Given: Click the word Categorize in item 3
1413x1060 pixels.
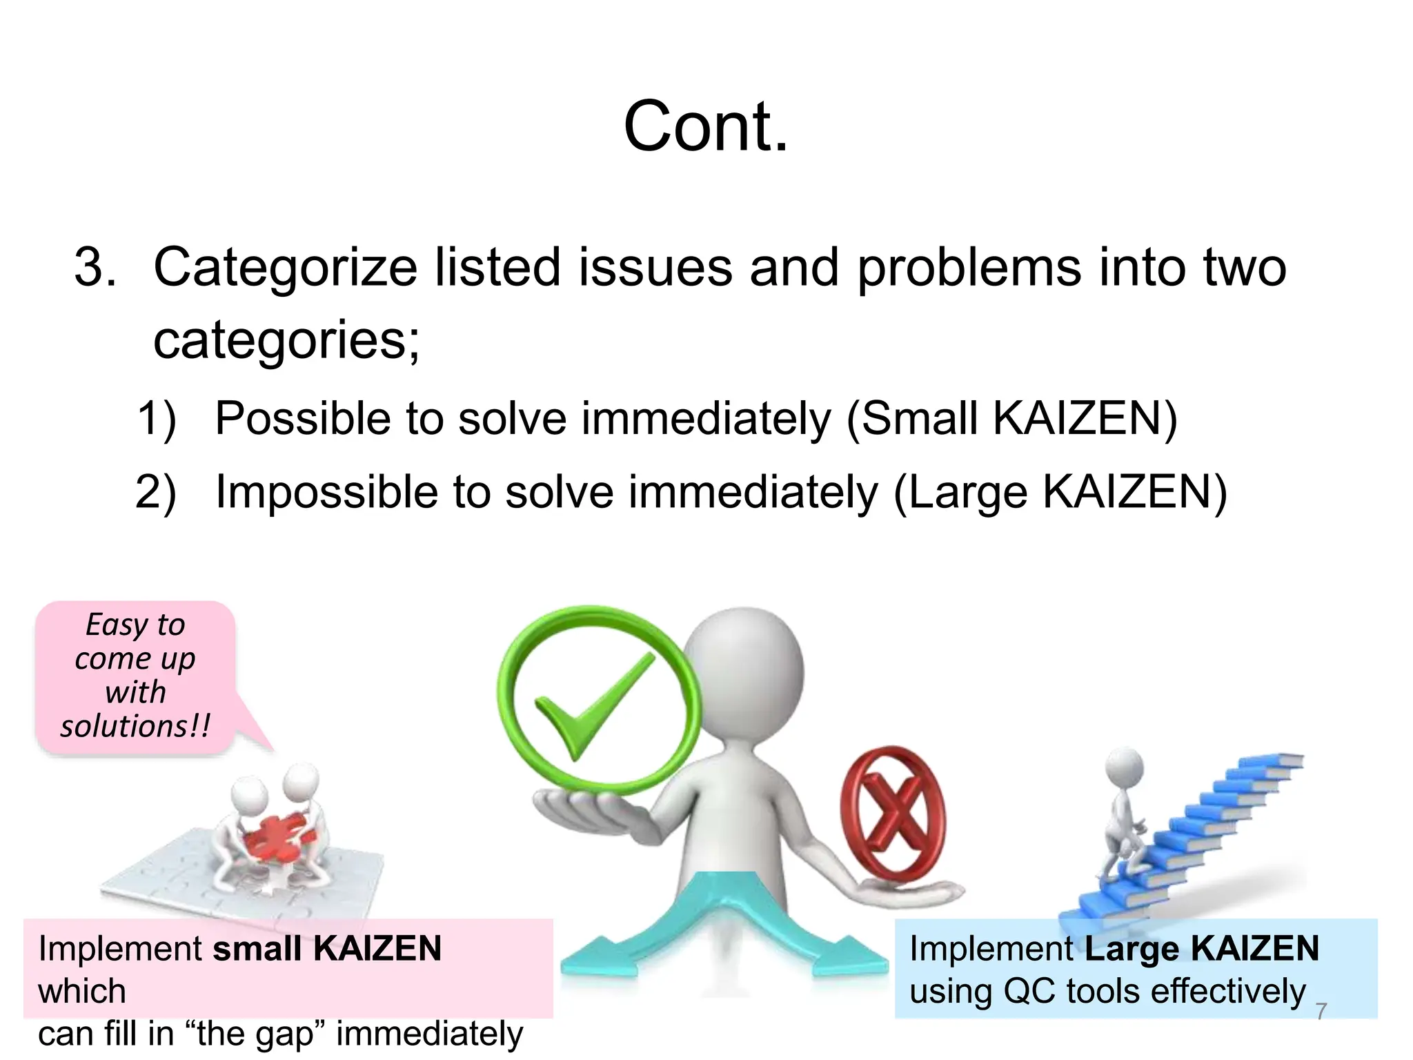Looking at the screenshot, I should [285, 267].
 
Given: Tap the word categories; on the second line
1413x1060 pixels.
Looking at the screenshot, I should [286, 340].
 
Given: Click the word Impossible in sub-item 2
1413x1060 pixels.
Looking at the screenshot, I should [325, 492].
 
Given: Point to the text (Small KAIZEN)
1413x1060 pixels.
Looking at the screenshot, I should [1011, 418].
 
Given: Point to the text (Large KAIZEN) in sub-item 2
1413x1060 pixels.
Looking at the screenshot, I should [1060, 492].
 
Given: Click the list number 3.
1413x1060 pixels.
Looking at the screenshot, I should [94, 267].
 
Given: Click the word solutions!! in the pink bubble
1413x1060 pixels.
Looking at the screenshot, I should [135, 726].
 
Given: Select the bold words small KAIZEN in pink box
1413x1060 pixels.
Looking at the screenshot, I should [327, 948].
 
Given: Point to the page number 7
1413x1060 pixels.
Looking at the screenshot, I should [1321, 1011].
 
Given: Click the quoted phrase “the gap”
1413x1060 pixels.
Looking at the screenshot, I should [255, 1034].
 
